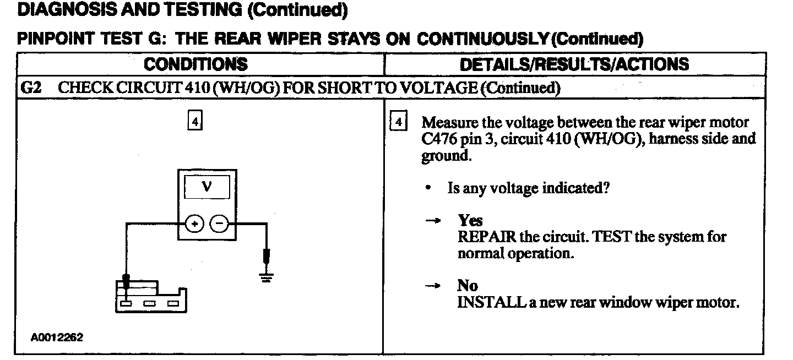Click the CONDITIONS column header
195,64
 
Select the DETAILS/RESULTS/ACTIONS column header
574,64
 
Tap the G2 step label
29,88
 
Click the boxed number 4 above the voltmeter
194,121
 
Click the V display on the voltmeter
206,188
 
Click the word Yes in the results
470,221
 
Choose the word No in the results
467,286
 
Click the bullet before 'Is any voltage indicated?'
428,188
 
